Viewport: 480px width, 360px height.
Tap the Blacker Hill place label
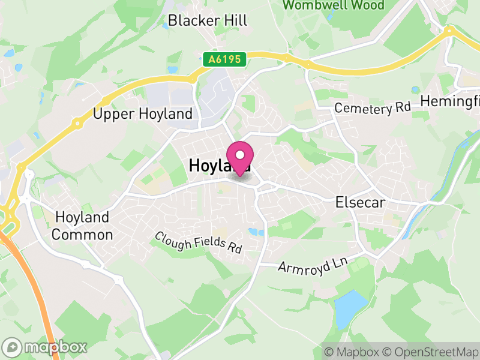(x=208, y=20)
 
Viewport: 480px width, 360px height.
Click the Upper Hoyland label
(x=143, y=114)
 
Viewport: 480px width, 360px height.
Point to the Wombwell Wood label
(x=333, y=5)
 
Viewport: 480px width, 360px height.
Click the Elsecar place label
(x=360, y=203)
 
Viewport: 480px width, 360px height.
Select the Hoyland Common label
(x=82, y=226)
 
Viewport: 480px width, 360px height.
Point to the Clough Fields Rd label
(x=198, y=242)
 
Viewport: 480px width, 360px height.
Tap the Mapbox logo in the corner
(x=45, y=347)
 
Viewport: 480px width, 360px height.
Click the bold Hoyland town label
(x=207, y=166)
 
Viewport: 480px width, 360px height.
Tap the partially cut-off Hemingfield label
(x=450, y=101)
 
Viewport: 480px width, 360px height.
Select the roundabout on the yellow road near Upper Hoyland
(x=77, y=124)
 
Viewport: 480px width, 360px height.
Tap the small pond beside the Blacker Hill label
(x=166, y=26)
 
